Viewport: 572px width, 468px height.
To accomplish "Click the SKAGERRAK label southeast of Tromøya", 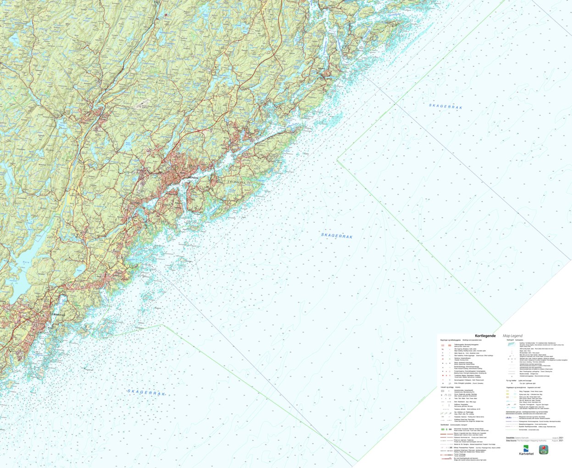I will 337,236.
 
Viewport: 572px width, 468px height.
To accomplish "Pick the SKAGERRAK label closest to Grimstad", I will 146,393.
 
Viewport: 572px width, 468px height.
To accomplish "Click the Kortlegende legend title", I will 485,336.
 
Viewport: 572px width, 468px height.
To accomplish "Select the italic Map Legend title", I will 512,336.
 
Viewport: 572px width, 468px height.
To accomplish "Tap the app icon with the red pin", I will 544,449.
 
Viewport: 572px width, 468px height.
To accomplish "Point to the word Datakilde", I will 510,438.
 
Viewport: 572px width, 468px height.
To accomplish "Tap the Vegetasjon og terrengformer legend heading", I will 521,387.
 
